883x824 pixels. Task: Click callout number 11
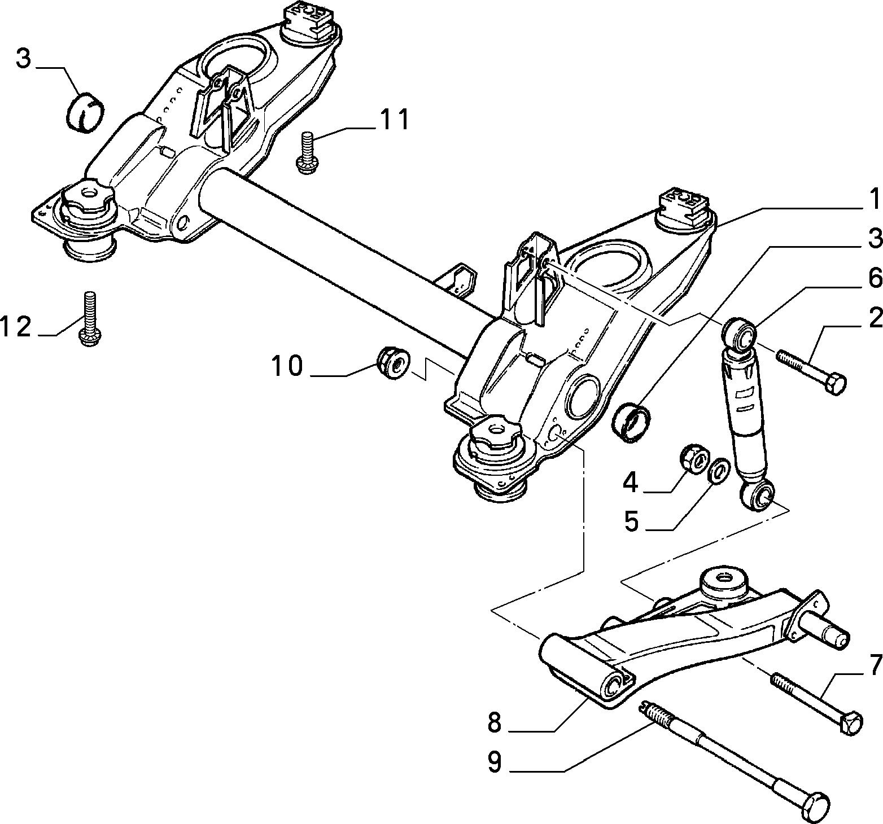[394, 121]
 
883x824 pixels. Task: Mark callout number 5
[631, 522]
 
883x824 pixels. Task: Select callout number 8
[495, 722]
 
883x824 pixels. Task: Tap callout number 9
[495, 763]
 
